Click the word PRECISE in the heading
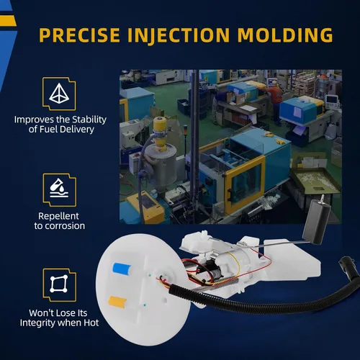click(x=79, y=35)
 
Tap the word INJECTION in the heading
click(x=179, y=36)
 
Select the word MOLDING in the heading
click(x=285, y=35)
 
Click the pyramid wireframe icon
click(x=59, y=94)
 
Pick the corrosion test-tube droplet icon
click(x=59, y=188)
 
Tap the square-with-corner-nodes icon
click(x=58, y=284)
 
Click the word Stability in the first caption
click(x=89, y=120)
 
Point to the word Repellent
click(x=58, y=217)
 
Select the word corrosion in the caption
click(x=65, y=226)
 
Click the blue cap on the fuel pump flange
click(x=122, y=268)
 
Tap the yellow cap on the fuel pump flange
click(x=117, y=302)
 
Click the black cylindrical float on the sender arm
click(x=317, y=222)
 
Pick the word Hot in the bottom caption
click(x=91, y=323)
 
